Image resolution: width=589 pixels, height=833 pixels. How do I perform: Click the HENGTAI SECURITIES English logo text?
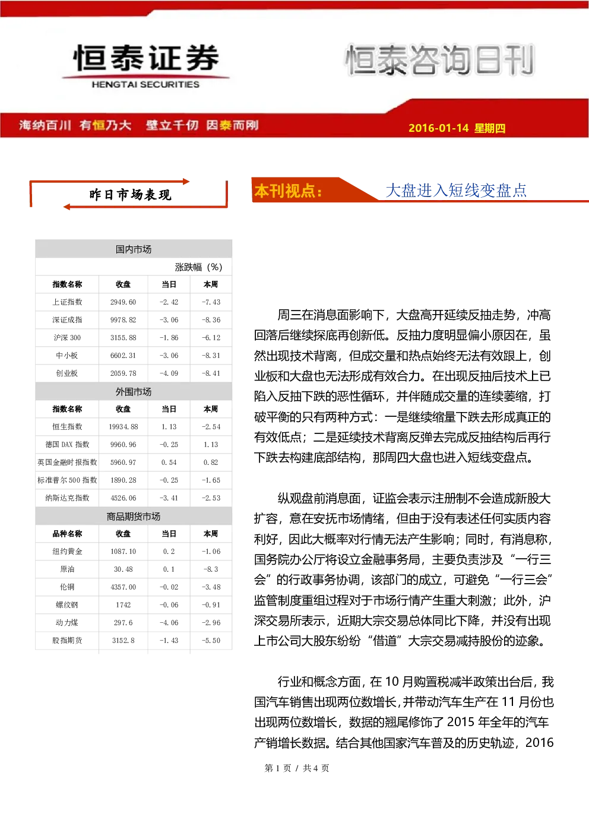145,84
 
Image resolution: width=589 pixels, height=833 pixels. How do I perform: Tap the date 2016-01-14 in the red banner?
438,128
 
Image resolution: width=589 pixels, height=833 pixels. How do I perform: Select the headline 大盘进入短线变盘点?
456,191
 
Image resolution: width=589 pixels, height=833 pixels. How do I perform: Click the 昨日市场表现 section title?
130,195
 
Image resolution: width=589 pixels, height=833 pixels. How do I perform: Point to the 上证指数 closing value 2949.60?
123,302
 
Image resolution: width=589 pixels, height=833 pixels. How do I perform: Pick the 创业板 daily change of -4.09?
169,373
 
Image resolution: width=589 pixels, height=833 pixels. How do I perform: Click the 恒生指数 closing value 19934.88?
123,426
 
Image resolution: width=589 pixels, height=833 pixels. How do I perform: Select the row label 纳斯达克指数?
67,498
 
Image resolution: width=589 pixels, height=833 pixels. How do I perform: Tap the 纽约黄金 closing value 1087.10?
123,551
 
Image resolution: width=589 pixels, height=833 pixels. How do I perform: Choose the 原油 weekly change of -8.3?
211,569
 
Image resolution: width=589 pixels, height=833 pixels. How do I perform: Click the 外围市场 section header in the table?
134,392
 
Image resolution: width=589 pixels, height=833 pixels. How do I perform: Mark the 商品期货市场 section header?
134,516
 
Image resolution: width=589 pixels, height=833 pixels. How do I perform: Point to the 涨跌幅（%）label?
198,267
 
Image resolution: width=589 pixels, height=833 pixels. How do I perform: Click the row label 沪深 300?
67,337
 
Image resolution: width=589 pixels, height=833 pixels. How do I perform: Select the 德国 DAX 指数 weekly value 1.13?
211,444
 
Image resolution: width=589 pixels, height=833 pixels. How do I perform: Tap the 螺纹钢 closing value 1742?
123,604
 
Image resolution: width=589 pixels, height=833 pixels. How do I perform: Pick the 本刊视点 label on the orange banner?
288,191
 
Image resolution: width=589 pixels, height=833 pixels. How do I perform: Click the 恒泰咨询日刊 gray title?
440,60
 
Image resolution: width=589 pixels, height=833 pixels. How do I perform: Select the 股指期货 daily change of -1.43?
169,641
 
